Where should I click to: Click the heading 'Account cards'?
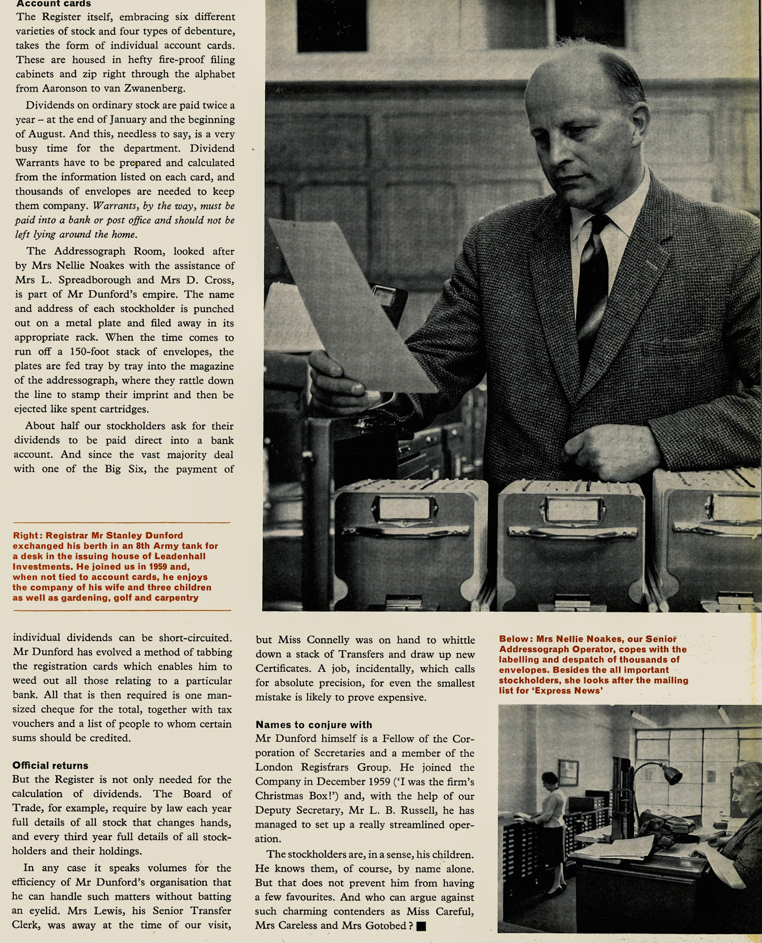click(x=53, y=4)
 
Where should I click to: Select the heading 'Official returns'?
click(x=50, y=765)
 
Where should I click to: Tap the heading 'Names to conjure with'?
click(x=314, y=724)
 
